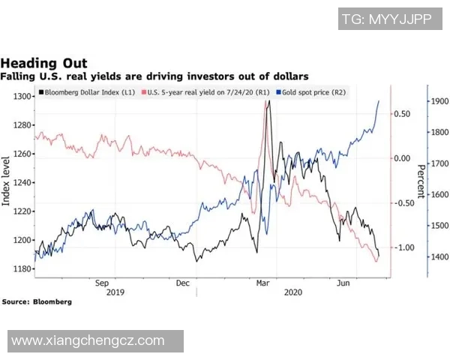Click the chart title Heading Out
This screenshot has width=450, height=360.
(44, 63)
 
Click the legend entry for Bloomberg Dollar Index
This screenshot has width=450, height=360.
(88, 93)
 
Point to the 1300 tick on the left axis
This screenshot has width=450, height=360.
(22, 97)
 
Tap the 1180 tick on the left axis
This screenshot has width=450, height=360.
(22, 268)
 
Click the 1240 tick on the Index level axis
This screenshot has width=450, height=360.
(22, 182)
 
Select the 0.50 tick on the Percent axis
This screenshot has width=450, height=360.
(402, 114)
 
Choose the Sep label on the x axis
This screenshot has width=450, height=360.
(103, 283)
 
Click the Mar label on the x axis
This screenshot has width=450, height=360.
(263, 283)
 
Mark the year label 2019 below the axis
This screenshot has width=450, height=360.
(116, 292)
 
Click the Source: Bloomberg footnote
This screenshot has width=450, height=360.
(37, 301)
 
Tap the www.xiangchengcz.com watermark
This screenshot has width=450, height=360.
(88, 340)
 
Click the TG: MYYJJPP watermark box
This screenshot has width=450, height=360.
(386, 19)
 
